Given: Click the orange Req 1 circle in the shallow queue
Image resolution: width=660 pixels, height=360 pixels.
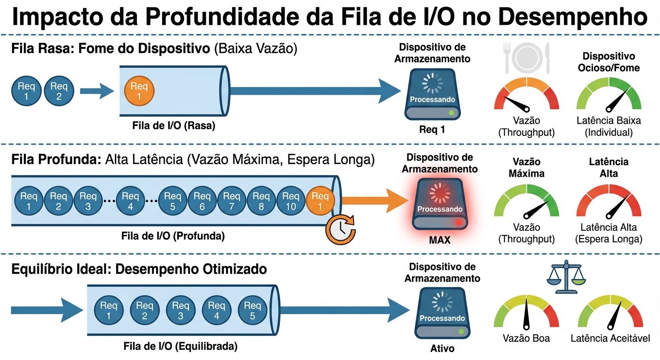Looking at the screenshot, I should coord(139,91).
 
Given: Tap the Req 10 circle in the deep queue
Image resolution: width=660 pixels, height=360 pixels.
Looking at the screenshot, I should coord(291,200).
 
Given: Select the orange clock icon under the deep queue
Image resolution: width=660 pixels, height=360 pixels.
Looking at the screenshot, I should coord(341,229).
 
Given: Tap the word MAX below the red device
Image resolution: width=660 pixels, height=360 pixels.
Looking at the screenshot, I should coord(439,240).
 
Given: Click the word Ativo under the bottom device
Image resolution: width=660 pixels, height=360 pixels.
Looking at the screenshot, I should coord(442,349).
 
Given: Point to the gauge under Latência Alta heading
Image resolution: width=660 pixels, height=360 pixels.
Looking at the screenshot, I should coord(608,202).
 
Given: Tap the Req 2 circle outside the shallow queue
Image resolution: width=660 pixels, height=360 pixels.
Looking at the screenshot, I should coord(59,91).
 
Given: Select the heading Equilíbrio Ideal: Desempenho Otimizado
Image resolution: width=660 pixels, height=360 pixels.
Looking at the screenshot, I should coord(139,269).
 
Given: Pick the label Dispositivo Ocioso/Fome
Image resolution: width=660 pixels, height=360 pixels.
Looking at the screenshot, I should coord(608,62).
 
